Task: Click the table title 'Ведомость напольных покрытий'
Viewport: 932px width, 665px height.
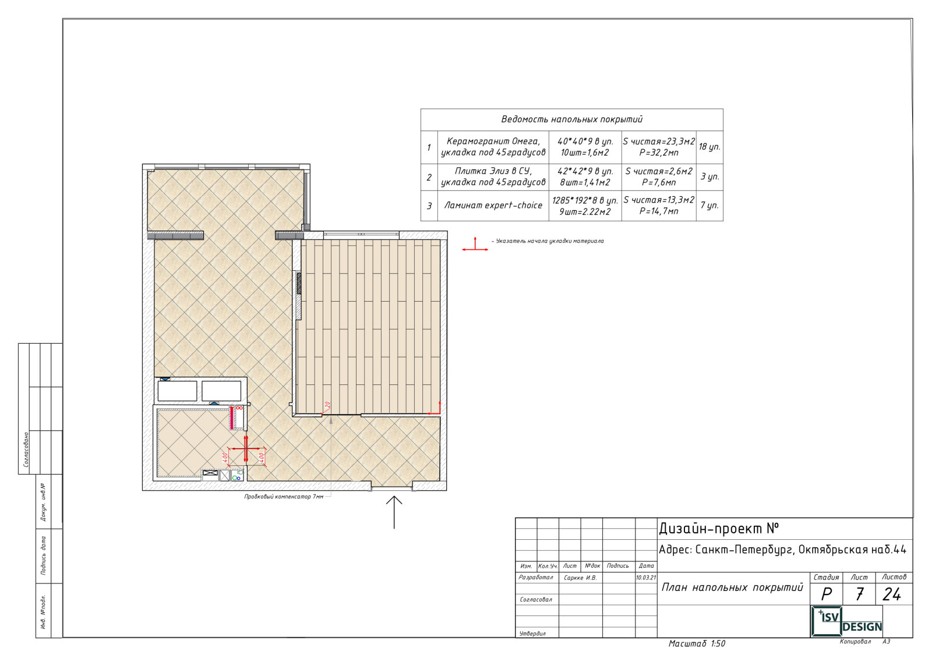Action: [571, 119]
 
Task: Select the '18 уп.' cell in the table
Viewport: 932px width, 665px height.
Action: [709, 147]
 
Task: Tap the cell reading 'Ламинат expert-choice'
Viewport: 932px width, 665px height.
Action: [493, 206]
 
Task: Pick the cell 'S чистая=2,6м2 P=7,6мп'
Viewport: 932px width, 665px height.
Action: [659, 177]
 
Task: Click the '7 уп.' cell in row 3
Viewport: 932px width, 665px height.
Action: [709, 206]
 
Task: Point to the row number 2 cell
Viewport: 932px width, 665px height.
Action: [429, 177]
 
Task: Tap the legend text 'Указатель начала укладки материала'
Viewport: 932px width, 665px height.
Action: [550, 241]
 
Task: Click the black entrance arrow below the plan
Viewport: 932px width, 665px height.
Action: [394, 512]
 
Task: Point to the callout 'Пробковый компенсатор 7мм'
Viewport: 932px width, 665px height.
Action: [284, 497]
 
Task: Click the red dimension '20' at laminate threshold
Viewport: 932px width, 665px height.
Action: [327, 405]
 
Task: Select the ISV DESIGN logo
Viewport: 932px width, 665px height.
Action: [847, 621]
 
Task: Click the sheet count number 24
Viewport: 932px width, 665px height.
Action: [891, 595]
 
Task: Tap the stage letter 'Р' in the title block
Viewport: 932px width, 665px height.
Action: [827, 595]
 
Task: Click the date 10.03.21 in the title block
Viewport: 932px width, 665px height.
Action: [646, 578]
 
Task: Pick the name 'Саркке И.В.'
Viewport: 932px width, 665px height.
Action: [580, 578]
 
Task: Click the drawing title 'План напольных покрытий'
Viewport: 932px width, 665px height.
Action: [732, 587]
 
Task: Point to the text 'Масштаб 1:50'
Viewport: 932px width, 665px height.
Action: [697, 643]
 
